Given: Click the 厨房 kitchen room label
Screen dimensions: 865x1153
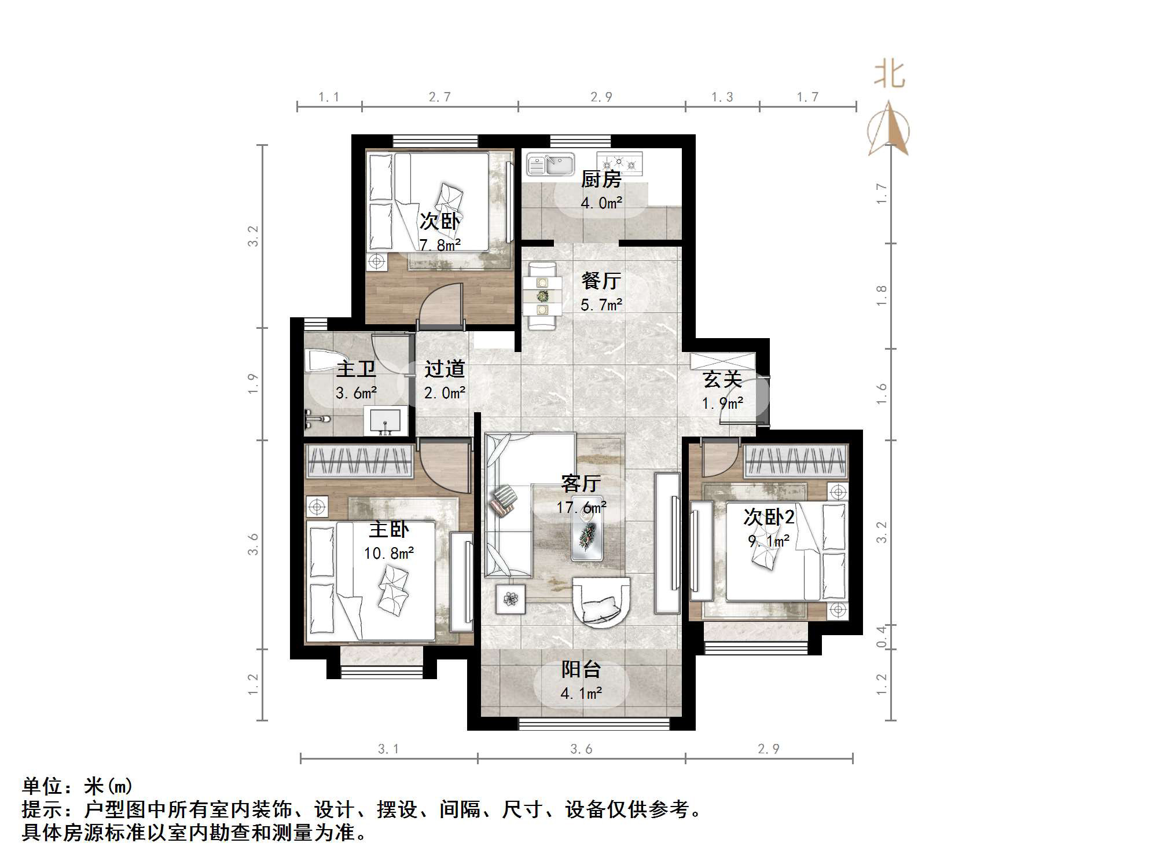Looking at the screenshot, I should click(601, 179).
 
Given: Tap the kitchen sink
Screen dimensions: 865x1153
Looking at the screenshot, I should click(550, 164).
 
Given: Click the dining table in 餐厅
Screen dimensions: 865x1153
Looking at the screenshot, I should click(542, 296).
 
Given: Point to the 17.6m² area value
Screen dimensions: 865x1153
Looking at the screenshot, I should click(581, 508).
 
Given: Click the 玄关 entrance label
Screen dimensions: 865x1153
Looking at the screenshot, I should click(722, 380).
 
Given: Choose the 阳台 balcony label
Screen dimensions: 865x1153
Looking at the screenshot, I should click(581, 669).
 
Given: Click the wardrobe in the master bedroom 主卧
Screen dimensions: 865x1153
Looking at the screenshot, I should click(359, 461).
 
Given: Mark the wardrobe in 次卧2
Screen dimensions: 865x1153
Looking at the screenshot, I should click(796, 461).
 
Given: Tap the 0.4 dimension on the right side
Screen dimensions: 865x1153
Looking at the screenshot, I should click(881, 637).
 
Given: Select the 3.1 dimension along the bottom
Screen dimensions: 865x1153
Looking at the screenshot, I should click(388, 749).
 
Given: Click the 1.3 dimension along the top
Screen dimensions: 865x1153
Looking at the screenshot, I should click(722, 97).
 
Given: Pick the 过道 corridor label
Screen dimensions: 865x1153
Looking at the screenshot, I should click(444, 369).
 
